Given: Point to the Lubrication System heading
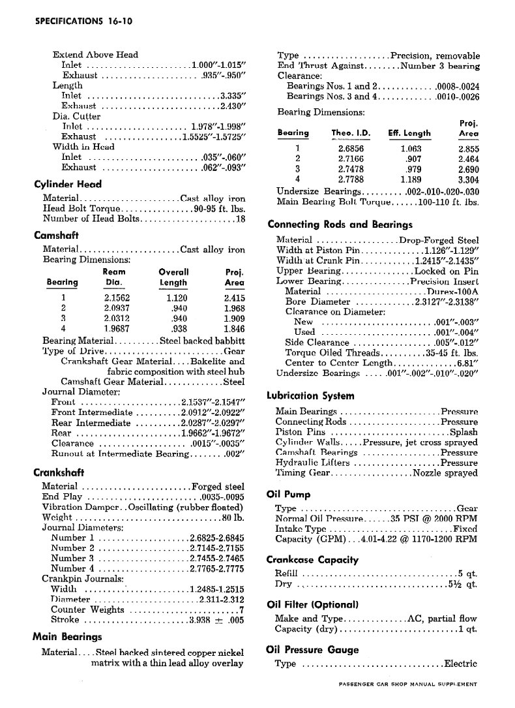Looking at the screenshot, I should [x=310, y=395].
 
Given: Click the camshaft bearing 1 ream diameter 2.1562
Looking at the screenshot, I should [x=117, y=298].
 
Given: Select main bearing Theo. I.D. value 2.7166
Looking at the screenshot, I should [x=351, y=158].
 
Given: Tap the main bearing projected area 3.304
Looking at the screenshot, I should [x=469, y=179].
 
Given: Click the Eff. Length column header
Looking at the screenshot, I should [x=409, y=133].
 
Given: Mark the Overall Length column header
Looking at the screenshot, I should [x=173, y=277].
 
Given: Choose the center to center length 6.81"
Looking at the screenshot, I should [x=467, y=363].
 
